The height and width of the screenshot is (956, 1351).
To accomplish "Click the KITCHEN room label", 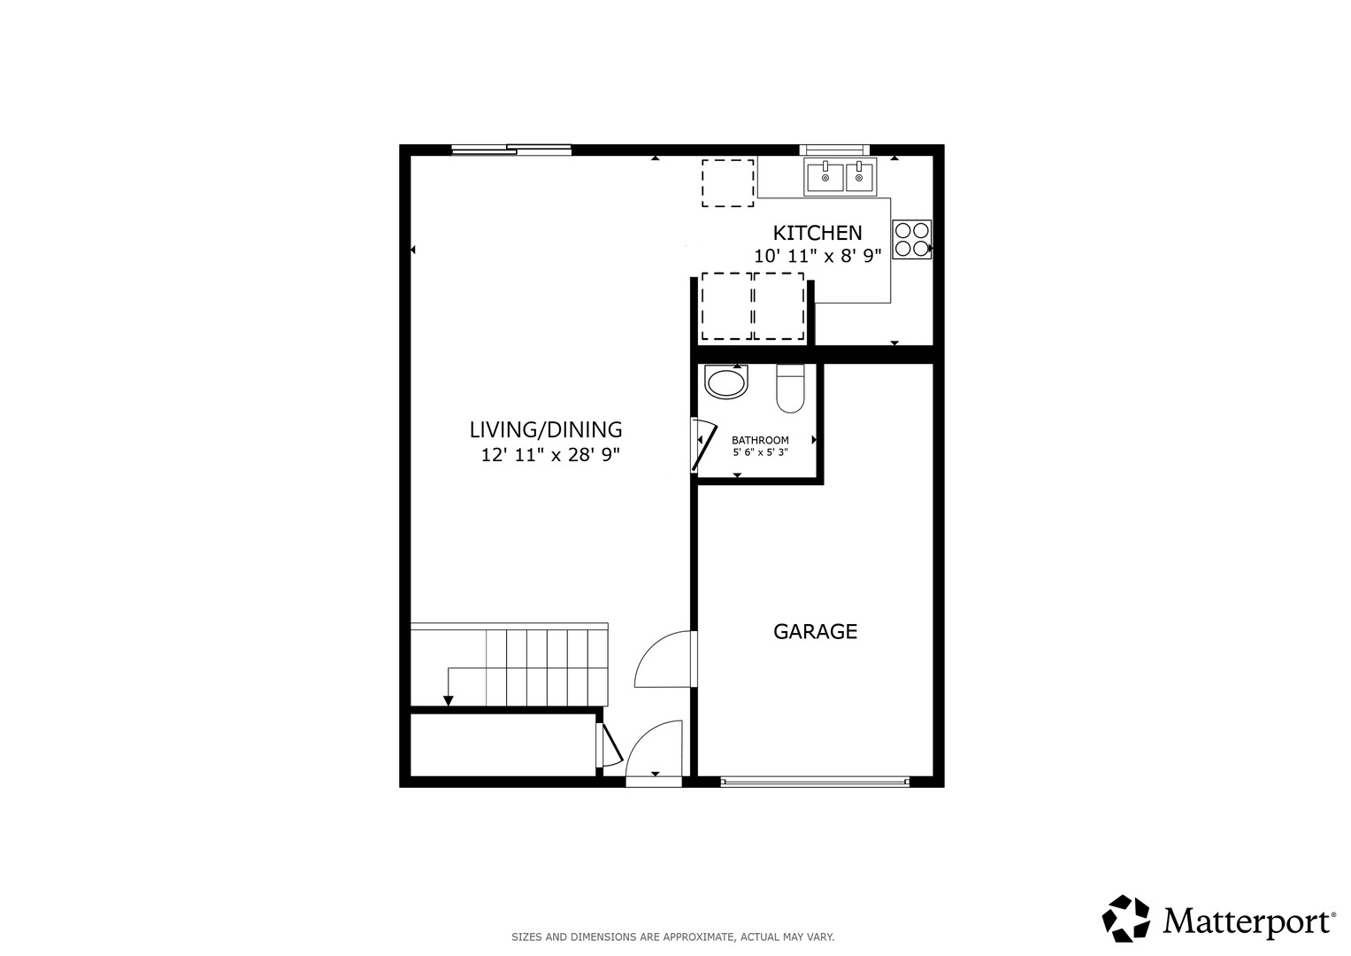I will [817, 233].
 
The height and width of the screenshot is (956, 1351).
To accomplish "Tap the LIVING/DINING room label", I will [545, 430].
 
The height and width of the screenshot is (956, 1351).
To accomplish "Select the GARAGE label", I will [815, 631].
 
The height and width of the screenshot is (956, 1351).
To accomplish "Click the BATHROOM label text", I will [760, 440].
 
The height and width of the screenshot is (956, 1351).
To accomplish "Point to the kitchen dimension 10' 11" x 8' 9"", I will [817, 257].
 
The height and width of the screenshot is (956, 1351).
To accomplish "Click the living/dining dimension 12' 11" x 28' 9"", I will [550, 455].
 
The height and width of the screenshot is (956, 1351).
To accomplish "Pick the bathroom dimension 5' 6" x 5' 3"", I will [760, 452].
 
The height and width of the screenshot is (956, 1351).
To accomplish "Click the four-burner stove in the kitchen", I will [911, 239].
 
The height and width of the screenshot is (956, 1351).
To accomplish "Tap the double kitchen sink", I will [840, 177].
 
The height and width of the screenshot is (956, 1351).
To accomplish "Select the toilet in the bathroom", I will [790, 389].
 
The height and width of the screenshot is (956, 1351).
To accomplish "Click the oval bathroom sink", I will [726, 382].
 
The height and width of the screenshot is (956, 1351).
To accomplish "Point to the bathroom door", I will [702, 449].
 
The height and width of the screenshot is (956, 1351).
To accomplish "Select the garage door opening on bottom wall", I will [814, 781].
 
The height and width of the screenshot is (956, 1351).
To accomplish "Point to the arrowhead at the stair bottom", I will [448, 701].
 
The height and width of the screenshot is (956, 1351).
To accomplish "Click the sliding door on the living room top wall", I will [510, 150].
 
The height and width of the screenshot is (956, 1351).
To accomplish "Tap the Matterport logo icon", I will [1125, 918].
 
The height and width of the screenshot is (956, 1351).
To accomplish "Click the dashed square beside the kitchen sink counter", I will [727, 183].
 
